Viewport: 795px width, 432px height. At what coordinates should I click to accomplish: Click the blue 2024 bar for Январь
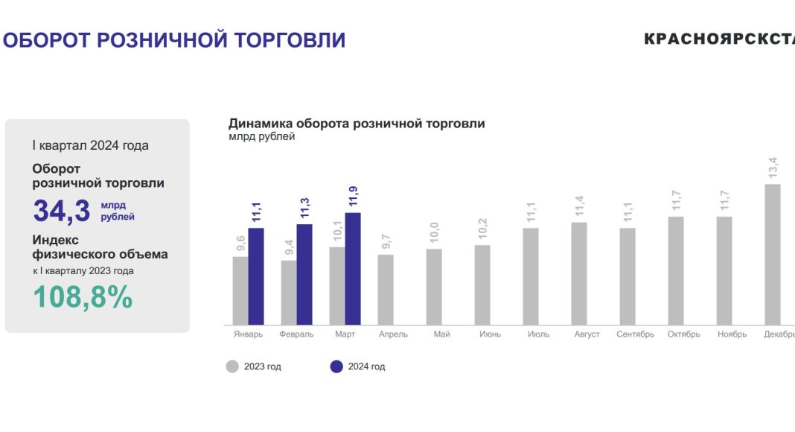click(x=256, y=276)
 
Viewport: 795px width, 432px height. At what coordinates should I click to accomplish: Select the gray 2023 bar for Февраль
click(x=288, y=293)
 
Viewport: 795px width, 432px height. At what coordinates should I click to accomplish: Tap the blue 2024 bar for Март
click(x=353, y=269)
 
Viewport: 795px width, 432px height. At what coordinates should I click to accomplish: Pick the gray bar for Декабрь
click(x=773, y=254)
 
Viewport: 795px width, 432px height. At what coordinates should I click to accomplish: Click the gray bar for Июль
click(x=531, y=276)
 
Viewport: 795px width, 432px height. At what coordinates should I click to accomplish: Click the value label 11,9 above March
click(x=353, y=196)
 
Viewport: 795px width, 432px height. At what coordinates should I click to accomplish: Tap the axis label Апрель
click(x=393, y=334)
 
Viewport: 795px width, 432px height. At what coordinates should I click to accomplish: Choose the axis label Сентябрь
click(x=635, y=334)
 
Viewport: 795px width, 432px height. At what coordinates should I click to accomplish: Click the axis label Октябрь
click(x=683, y=334)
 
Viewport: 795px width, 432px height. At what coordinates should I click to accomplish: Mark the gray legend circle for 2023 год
click(x=232, y=366)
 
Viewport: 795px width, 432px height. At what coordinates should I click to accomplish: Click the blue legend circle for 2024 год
click(x=336, y=366)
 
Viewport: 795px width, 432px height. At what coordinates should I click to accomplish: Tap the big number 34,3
click(x=62, y=211)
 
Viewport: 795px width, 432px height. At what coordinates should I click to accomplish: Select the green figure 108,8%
click(x=83, y=297)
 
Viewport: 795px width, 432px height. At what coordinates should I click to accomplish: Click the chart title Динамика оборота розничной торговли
click(x=357, y=124)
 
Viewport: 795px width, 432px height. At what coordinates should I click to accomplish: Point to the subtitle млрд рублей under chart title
click(x=261, y=137)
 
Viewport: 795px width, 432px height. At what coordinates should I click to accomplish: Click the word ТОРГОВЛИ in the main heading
click(x=290, y=39)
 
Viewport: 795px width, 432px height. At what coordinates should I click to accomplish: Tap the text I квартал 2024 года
click(x=90, y=145)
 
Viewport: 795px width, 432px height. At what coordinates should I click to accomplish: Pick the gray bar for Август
click(x=579, y=273)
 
